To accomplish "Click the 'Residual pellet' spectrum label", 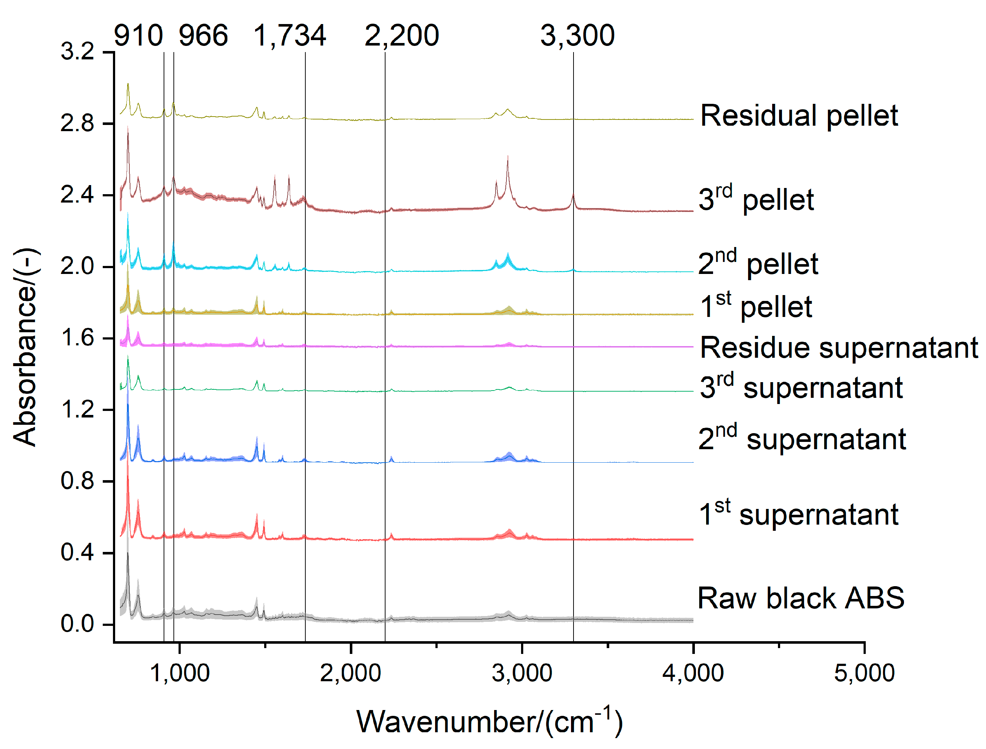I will click(x=799, y=116).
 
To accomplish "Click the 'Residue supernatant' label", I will click(x=839, y=348).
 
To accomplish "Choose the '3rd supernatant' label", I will click(x=801, y=387).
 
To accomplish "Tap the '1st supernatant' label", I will click(x=798, y=514).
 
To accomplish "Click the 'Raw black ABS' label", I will click(x=801, y=598).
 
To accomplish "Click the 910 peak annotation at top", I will click(x=138, y=36).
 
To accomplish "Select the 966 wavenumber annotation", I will click(x=203, y=36).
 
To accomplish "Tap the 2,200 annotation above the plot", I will click(x=402, y=36).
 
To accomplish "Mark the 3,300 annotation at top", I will click(x=578, y=36).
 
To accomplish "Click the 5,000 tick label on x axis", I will click(x=864, y=673).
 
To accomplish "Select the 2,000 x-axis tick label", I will click(x=351, y=673).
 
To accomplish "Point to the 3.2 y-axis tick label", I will click(x=78, y=51).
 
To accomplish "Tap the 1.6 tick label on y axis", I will click(x=78, y=338).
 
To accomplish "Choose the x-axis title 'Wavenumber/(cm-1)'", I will click(x=489, y=721).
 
